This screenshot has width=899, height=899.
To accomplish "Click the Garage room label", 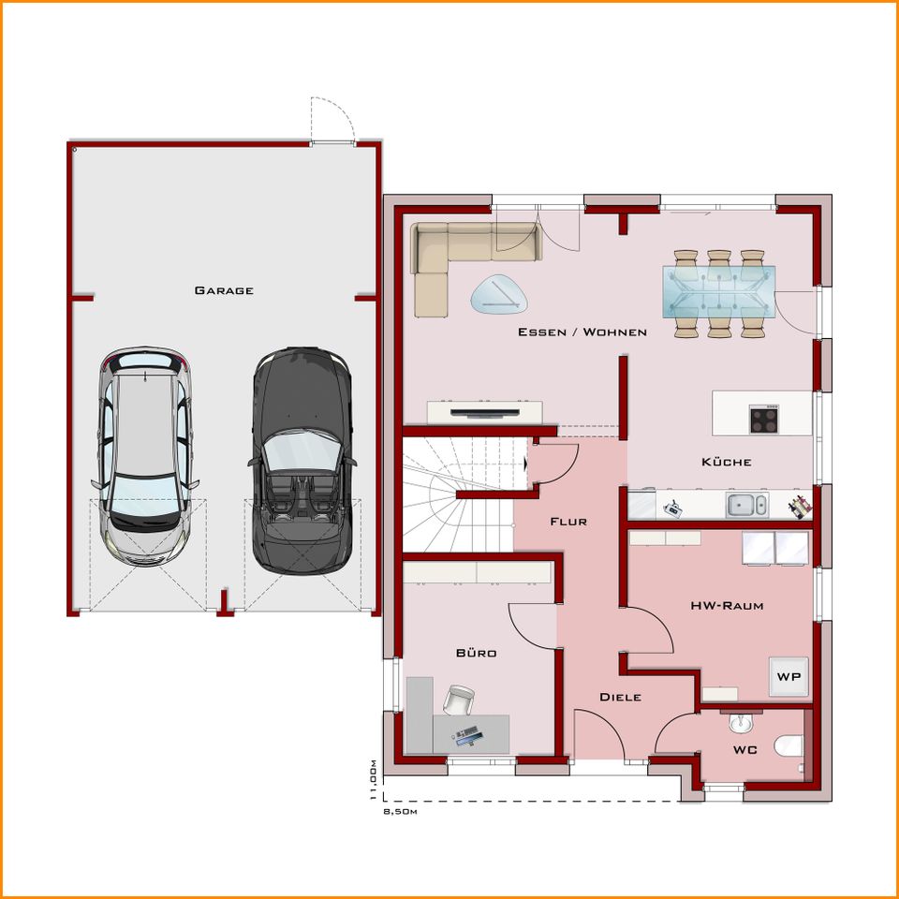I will [224, 290].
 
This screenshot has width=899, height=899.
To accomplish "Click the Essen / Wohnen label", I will [582, 332].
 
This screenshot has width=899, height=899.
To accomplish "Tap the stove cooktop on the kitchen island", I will [764, 419].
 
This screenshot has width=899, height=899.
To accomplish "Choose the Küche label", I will [727, 462].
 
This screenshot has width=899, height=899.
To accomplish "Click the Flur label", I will [568, 522].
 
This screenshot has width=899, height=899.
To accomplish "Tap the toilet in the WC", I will [788, 747].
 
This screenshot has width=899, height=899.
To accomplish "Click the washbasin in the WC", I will [740, 724].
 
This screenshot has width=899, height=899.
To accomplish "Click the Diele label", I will [620, 697].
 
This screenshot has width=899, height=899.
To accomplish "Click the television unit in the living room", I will [485, 411].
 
